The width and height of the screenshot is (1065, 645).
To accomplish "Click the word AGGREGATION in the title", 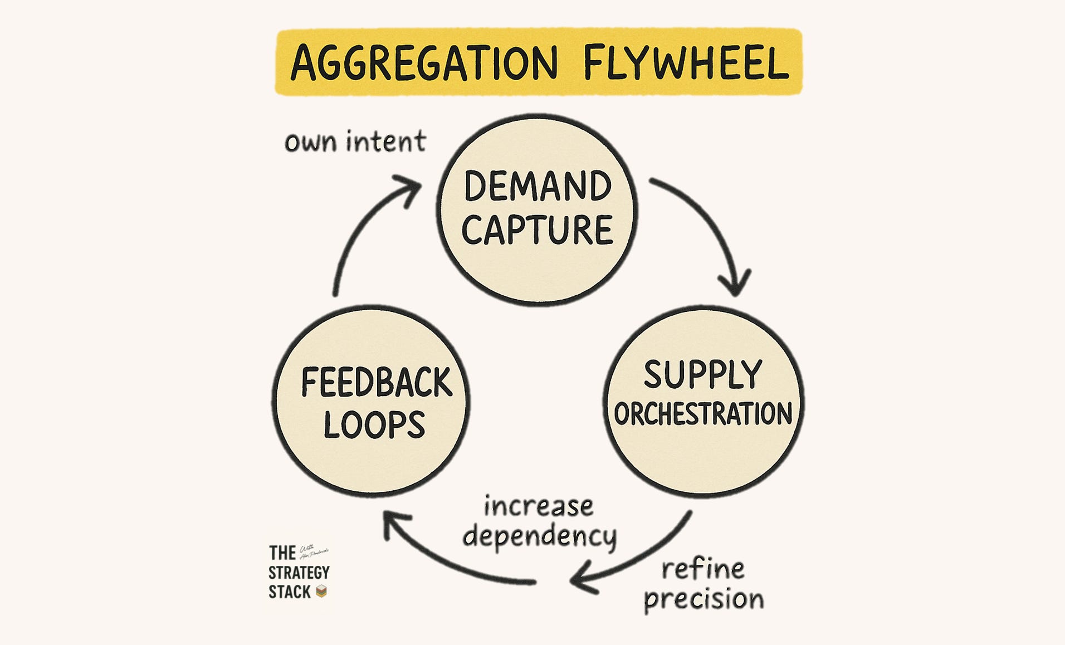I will (x=424, y=62).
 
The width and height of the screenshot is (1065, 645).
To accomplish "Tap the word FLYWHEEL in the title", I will (x=686, y=62).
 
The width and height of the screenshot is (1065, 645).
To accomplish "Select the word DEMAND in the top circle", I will (x=538, y=187).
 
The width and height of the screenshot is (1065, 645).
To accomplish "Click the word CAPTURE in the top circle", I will (x=538, y=229).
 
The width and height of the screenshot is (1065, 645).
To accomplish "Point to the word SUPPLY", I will (x=703, y=374).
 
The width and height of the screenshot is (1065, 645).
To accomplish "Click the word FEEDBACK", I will (x=376, y=383).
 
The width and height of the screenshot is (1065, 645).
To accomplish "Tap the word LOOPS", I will (x=374, y=424).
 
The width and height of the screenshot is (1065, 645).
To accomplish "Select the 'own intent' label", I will (x=355, y=141).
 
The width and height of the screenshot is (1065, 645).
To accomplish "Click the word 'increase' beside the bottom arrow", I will (x=539, y=506).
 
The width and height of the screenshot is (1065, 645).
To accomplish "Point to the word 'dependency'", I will (x=540, y=536).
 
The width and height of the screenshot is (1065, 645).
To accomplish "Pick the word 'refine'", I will (x=703, y=569).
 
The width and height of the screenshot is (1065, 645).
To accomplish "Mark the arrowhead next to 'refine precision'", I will (x=582, y=579).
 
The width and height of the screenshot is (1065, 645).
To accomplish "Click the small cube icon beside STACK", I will (x=321, y=592).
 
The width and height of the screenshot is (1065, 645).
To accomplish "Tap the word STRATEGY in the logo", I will (x=299, y=573).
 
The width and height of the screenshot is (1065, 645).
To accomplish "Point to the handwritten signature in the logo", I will (x=314, y=552).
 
